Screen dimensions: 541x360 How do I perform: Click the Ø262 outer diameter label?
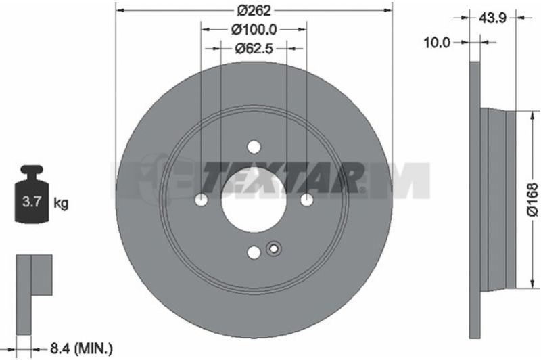(x=254, y=11)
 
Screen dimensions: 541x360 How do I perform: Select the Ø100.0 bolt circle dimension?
(x=254, y=30)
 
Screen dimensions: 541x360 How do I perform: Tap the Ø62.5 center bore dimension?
(x=254, y=49)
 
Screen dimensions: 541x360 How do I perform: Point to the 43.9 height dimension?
(x=492, y=18)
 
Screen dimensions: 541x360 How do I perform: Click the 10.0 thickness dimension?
(x=437, y=43)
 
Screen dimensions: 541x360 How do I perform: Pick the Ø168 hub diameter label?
(x=533, y=200)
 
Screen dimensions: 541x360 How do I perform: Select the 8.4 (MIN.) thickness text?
(x=81, y=348)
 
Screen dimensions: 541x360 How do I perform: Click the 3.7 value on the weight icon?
(x=32, y=201)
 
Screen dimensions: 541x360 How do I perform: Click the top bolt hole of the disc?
(x=254, y=147)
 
